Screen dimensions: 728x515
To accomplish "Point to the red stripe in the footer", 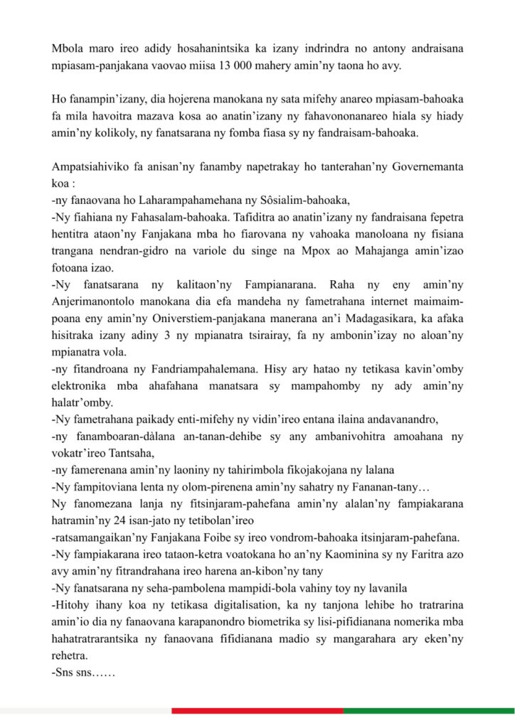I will pyautogui.click(x=257, y=710).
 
